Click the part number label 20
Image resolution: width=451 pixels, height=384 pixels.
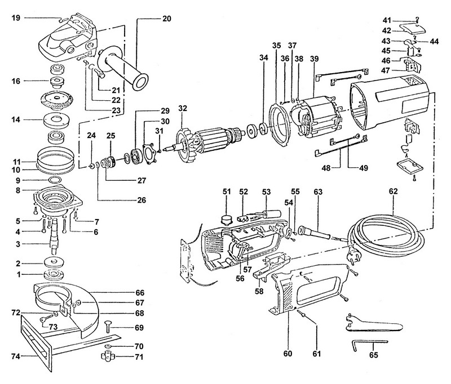tap(166, 19)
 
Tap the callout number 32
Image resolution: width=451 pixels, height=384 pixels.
tap(183, 108)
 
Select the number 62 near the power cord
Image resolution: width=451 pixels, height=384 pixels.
tap(393, 191)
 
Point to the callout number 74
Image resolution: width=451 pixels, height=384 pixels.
tap(16, 356)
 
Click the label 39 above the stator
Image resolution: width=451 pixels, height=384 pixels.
tap(315, 59)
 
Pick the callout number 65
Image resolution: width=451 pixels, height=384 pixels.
tap(374, 355)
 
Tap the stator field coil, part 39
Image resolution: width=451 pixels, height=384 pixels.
tap(316, 118)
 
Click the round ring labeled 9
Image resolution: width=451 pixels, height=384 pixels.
tap(54, 180)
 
